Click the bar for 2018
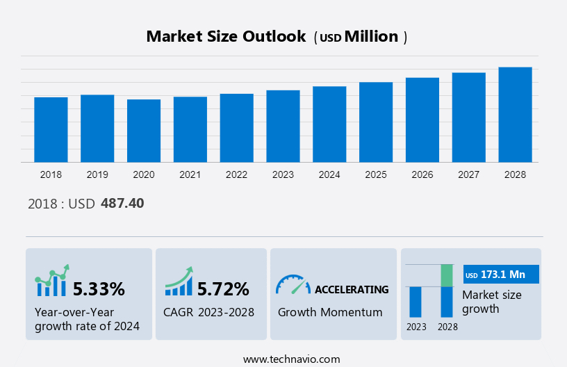click(51, 130)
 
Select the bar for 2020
click(144, 131)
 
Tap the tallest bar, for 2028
click(515, 115)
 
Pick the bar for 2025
click(376, 122)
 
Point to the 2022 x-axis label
click(236, 174)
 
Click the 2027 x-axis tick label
click(468, 174)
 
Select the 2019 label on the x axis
click(97, 174)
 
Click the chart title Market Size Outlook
click(226, 37)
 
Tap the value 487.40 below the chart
click(122, 204)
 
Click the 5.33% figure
click(99, 288)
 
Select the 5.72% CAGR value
click(223, 288)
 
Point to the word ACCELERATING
click(352, 289)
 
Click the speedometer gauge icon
click(293, 284)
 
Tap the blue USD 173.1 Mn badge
click(500, 275)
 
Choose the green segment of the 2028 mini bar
click(447, 275)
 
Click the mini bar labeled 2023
click(416, 302)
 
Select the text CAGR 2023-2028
click(208, 312)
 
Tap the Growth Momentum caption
click(330, 312)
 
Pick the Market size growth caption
click(491, 302)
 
